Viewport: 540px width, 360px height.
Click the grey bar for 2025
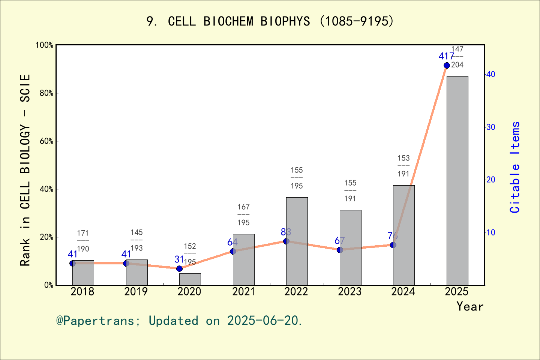(457, 180)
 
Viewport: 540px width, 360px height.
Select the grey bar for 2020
(190, 279)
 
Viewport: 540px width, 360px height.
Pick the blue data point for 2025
(447, 65)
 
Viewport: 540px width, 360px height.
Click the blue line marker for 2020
(179, 268)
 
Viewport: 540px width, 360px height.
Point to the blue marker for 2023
(340, 250)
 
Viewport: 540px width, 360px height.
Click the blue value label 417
(446, 56)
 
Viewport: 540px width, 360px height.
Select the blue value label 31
(179, 259)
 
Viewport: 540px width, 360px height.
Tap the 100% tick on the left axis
(44, 45)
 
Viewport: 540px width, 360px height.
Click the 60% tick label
(46, 141)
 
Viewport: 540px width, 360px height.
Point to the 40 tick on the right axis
(491, 74)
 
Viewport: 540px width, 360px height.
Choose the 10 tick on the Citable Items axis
(491, 232)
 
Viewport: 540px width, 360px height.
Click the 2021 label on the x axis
(243, 291)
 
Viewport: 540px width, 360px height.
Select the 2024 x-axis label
(403, 291)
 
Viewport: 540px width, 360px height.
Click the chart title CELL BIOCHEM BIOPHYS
(270, 21)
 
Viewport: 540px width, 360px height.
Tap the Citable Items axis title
(515, 167)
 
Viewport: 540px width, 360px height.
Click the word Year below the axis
(469, 306)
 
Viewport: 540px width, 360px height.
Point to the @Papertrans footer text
(179, 321)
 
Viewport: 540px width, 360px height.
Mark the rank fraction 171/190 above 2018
(83, 241)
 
